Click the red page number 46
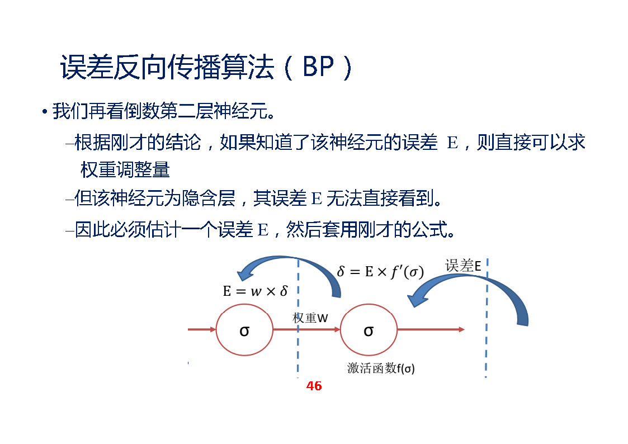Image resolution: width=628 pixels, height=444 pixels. tap(314, 386)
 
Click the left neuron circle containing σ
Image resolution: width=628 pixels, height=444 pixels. tap(244, 330)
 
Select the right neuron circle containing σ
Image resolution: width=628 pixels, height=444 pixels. tap(369, 330)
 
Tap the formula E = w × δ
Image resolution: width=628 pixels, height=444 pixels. tap(255, 291)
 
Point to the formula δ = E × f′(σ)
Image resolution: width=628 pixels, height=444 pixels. tap(380, 271)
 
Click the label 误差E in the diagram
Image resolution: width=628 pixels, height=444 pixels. tap(463, 266)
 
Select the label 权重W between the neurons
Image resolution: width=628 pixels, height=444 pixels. tap(310, 318)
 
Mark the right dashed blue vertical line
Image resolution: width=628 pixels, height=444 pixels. tap(487, 347)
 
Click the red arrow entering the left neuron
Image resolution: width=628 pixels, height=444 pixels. tap(202, 329)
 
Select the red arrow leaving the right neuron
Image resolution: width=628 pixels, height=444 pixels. tap(431, 329)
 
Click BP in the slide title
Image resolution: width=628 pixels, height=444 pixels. tap(318, 68)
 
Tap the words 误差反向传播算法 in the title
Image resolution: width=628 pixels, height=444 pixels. tap(168, 68)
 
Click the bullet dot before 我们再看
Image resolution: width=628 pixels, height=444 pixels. tap(44, 112)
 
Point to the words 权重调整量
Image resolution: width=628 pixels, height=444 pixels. tap(125, 169)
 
